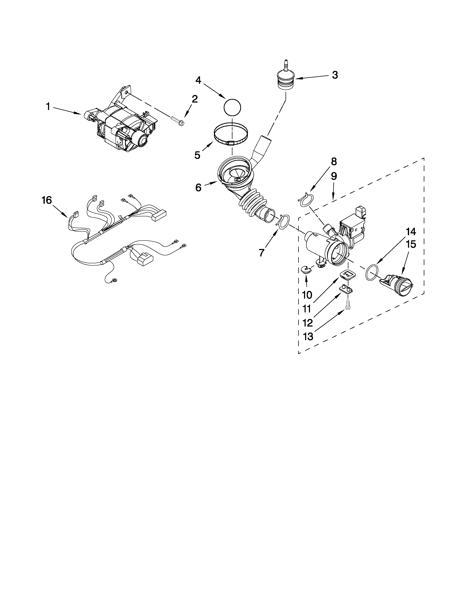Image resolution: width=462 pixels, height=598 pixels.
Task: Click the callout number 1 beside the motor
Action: (48, 107)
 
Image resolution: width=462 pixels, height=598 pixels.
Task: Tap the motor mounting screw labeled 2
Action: (177, 120)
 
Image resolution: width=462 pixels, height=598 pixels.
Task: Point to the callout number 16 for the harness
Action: (47, 200)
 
